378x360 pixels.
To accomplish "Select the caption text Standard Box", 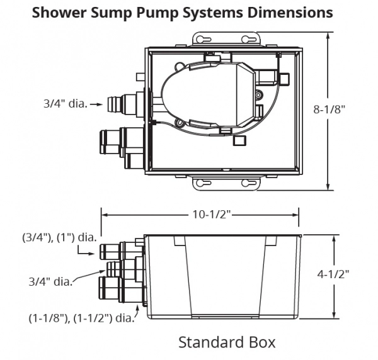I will point(227,342).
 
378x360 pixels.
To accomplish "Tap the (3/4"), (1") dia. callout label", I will point(59,238).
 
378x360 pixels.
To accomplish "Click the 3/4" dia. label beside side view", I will point(50,280).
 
